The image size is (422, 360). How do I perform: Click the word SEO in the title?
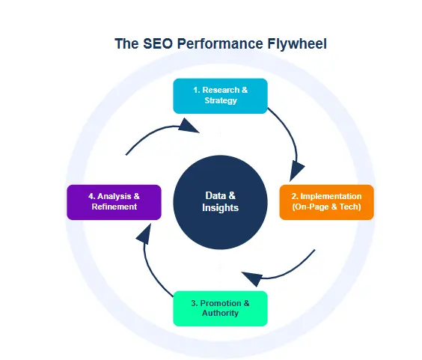coord(156,43)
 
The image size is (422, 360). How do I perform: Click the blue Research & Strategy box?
coord(220,95)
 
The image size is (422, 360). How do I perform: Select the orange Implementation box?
coord(326,201)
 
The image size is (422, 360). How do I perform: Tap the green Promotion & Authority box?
coord(220,308)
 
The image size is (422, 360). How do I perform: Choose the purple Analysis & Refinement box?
coord(114,201)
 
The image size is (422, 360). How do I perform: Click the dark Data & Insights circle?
coord(220,202)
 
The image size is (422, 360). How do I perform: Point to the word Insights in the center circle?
coord(220,207)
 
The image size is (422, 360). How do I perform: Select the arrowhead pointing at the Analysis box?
coord(143,235)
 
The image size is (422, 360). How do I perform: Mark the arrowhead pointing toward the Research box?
coord(190,129)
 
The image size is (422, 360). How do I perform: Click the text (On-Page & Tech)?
coord(326,207)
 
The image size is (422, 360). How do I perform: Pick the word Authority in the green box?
coord(220,313)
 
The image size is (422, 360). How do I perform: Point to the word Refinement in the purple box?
coord(114,207)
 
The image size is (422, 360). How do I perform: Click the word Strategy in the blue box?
coord(220,100)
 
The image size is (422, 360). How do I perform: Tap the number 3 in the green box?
coord(194,303)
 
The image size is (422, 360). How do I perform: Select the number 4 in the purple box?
coord(89,196)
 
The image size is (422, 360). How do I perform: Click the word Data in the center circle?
coord(215,195)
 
